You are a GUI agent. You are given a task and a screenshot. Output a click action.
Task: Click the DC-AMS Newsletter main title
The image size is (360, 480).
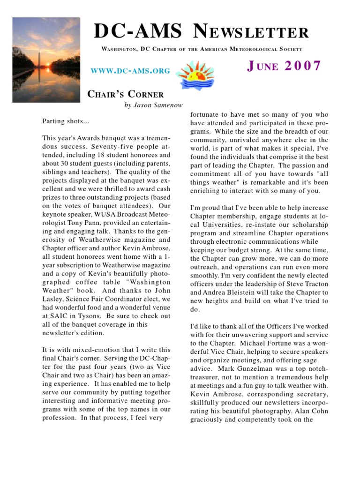(202, 32)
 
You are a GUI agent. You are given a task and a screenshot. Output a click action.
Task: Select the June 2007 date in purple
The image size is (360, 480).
(284, 66)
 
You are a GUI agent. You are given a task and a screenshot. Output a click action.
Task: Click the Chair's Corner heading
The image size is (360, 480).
(126, 94)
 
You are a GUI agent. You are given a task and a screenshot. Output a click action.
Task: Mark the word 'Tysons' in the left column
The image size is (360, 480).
(91, 316)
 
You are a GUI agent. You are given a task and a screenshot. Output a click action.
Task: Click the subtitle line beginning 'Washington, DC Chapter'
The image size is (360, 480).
(202, 49)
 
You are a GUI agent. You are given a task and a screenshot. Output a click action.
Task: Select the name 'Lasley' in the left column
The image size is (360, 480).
(53, 299)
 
